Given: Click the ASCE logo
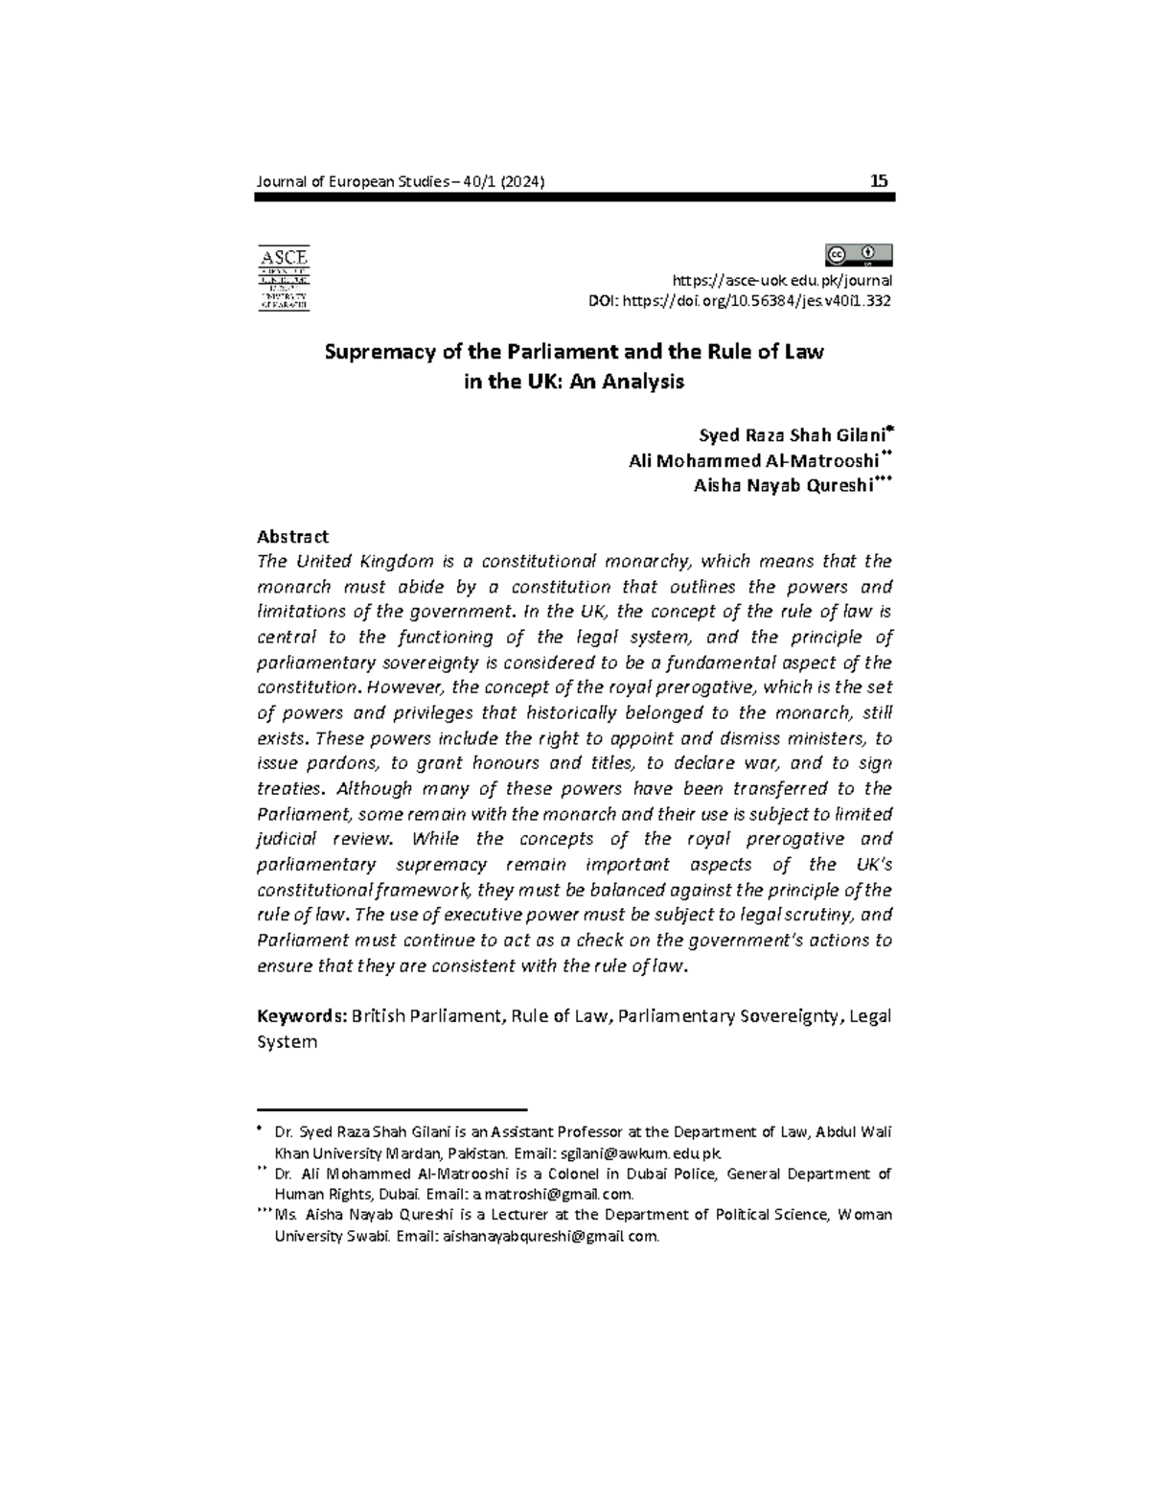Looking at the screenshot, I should [284, 278].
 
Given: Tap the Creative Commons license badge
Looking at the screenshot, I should [858, 255].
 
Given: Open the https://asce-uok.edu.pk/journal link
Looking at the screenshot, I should [782, 281].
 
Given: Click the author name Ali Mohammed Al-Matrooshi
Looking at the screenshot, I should [752, 460].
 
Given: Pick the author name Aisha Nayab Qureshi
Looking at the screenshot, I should [783, 486].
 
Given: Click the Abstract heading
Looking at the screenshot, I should [293, 537].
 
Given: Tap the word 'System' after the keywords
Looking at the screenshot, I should [287, 1042].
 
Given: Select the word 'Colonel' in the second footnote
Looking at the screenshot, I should [571, 1175].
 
